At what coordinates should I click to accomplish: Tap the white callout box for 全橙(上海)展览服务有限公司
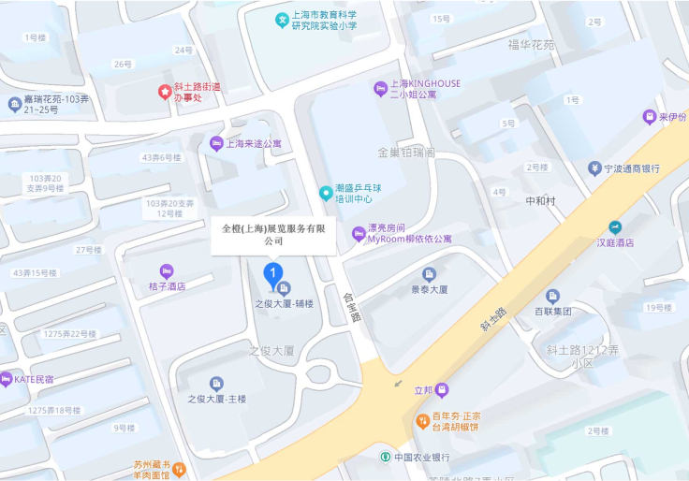tap(272, 234)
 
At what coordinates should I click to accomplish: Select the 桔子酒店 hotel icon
tap(167, 270)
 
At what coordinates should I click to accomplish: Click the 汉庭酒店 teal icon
tap(615, 227)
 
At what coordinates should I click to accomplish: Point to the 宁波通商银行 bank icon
tap(594, 168)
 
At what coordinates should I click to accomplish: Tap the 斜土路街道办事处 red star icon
tap(165, 92)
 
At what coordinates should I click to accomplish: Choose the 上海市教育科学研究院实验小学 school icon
tap(281, 20)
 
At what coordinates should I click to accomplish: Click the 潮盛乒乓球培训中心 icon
tap(326, 193)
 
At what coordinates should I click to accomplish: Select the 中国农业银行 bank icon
tap(385, 457)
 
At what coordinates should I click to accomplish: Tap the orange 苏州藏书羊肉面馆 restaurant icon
tap(179, 468)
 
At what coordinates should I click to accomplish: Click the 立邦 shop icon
tap(442, 389)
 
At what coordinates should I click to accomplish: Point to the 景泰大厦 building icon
tap(429, 274)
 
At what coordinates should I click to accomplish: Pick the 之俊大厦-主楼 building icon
tap(216, 384)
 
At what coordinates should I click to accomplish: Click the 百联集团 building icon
tap(552, 296)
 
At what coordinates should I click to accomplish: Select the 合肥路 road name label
tap(351, 306)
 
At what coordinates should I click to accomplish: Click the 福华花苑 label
tap(531, 44)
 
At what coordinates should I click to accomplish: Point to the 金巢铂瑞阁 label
tap(406, 152)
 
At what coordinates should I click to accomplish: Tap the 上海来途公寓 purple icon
tap(216, 143)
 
